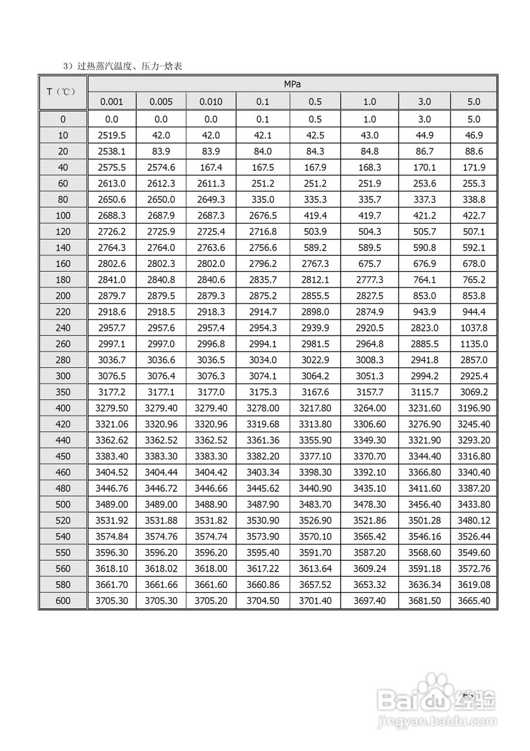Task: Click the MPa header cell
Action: click(292, 84)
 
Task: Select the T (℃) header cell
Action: click(63, 92)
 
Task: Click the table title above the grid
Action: click(123, 66)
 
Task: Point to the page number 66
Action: click(467, 695)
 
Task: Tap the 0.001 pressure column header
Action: click(111, 102)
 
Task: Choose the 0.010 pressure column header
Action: click(211, 102)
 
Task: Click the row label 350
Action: click(63, 392)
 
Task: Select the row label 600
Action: click(63, 600)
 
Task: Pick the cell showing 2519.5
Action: click(111, 136)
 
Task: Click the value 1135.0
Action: click(474, 344)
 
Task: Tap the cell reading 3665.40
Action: click(474, 600)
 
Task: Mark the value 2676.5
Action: click(263, 216)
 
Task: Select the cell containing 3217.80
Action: click(315, 408)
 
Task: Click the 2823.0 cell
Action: click(424, 328)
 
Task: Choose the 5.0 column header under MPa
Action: click(474, 102)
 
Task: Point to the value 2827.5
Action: click(369, 296)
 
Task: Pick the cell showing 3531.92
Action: click(111, 520)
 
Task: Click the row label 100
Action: click(63, 216)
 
